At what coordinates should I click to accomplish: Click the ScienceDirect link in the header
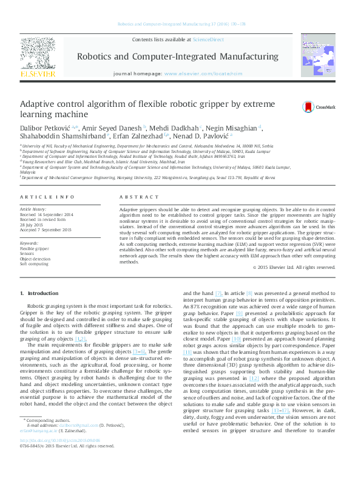click(208, 39)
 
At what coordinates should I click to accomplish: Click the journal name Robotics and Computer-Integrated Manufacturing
click(177, 56)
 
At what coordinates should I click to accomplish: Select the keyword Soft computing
click(35, 264)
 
